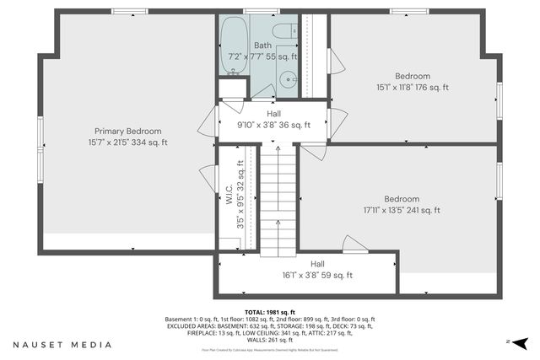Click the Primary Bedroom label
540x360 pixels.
click(x=127, y=131)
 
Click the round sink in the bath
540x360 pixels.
click(x=288, y=82)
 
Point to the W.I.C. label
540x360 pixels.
click(x=229, y=192)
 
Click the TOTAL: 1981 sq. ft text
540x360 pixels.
click(x=269, y=312)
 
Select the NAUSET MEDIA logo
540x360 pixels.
click(x=62, y=345)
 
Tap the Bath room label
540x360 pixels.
click(x=263, y=46)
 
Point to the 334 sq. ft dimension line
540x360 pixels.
click(x=127, y=142)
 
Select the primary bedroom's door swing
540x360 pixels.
click(x=208, y=177)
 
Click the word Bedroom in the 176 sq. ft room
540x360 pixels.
click(x=413, y=76)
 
